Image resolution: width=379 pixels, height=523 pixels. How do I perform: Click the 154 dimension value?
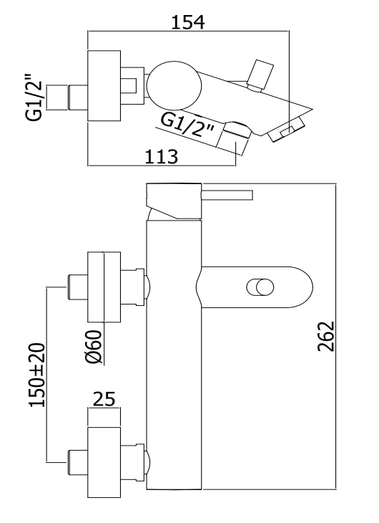(x=188, y=22)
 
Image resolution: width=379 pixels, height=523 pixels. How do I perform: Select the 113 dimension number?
(x=162, y=156)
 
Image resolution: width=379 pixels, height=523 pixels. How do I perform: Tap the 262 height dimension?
(x=325, y=336)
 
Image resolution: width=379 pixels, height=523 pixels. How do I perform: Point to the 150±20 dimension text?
(x=37, y=375)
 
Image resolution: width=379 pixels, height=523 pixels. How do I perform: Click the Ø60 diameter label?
(x=93, y=347)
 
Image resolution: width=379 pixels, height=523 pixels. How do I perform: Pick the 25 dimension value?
(x=104, y=399)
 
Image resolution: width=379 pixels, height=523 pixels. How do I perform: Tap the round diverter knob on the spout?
(x=260, y=287)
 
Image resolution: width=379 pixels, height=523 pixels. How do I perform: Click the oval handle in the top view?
(x=174, y=85)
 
